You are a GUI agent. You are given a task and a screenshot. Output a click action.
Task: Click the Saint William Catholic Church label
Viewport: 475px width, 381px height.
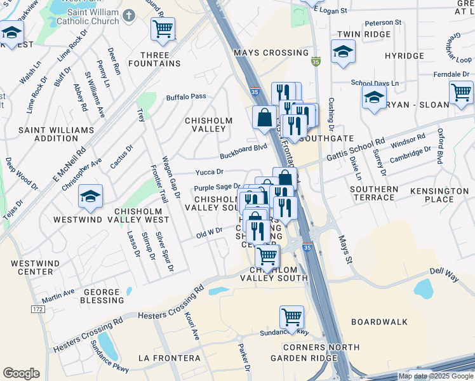tap(84, 17)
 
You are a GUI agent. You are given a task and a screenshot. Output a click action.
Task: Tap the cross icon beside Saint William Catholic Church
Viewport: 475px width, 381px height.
tap(129, 14)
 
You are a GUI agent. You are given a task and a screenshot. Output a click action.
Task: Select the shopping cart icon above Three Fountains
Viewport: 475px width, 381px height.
tap(163, 29)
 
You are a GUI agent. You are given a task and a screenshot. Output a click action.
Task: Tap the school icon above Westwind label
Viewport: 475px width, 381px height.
tap(90, 197)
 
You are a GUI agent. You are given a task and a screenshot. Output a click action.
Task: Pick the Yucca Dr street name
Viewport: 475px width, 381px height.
tap(209, 172)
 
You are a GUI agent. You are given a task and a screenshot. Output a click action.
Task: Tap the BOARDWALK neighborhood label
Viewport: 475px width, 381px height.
tap(379, 322)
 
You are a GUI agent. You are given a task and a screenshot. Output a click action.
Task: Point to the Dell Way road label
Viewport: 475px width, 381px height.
tap(444, 271)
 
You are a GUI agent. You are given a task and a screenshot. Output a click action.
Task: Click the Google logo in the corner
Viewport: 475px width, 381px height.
tap(21, 373)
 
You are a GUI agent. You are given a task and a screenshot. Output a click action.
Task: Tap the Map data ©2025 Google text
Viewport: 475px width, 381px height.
tap(436, 376)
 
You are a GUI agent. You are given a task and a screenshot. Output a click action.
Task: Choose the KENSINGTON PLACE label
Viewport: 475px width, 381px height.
tap(439, 195)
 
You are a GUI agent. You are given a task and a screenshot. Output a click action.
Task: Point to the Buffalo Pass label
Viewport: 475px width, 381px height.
tap(186, 97)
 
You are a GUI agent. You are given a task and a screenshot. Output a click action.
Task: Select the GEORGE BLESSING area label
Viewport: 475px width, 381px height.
tap(102, 297)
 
